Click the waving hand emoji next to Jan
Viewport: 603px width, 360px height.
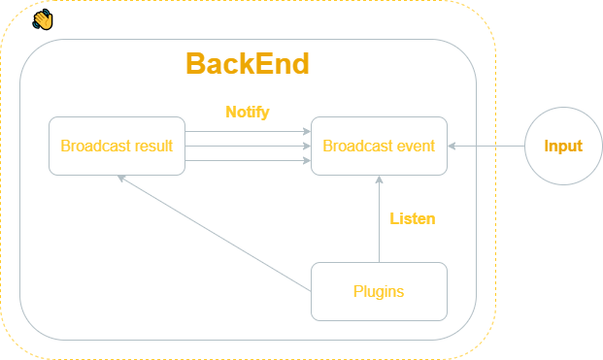coord(42,19)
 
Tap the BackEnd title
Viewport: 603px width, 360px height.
coord(247,64)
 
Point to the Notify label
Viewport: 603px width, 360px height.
coord(247,112)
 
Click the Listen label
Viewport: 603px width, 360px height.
coord(412,218)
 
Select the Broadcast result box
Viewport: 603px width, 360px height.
coord(117,147)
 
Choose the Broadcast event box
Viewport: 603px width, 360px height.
coord(379,147)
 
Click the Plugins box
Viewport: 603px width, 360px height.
coord(379,291)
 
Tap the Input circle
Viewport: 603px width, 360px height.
coord(563,147)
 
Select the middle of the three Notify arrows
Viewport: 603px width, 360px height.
coord(247,147)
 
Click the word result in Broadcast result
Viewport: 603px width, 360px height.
coord(154,147)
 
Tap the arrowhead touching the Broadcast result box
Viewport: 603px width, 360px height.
coord(121,180)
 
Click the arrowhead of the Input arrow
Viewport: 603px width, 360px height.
coord(452,147)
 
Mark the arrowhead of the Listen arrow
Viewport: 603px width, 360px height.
coord(379,180)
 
